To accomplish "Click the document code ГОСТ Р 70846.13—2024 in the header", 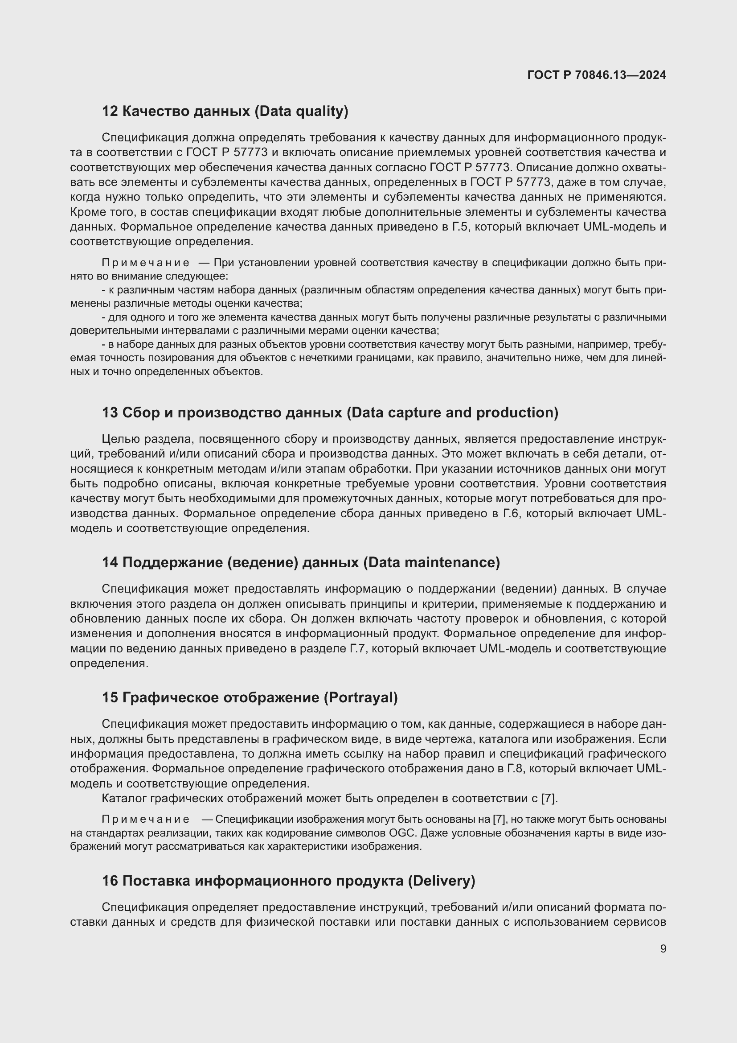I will [596, 75].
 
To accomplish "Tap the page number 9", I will [663, 948].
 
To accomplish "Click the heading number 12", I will [110, 111].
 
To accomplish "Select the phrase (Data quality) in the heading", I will [301, 111].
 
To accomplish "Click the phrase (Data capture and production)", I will [452, 412].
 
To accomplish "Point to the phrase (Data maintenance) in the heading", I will [431, 562].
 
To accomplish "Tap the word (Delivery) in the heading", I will [441, 881].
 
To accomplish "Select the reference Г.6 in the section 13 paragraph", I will [514, 513].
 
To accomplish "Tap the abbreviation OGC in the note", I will [401, 833].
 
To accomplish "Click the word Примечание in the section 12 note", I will [145, 263].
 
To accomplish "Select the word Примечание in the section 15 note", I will [145, 820].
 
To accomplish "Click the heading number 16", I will [110, 881].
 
